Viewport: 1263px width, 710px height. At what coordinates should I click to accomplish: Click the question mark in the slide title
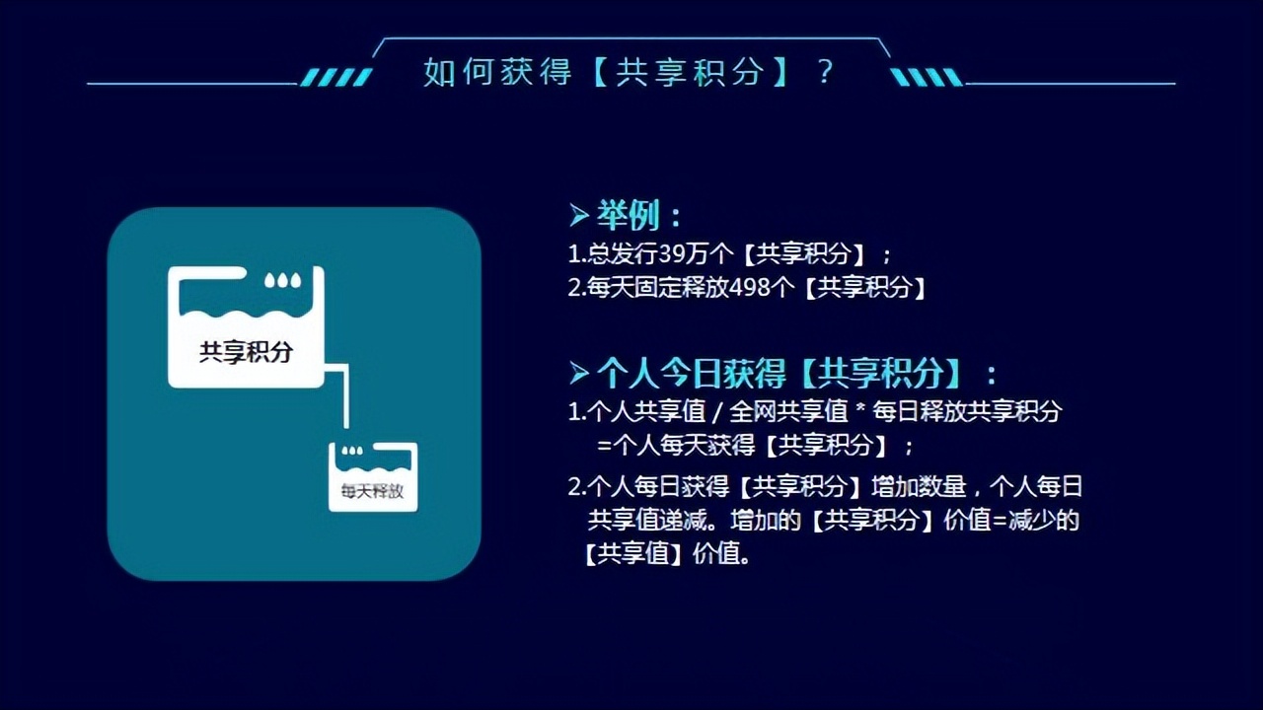(826, 72)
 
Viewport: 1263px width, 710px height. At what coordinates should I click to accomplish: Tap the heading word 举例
(628, 216)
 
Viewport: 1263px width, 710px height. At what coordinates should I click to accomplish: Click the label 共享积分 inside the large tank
(246, 352)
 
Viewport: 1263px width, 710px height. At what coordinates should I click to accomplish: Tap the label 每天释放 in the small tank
(372, 491)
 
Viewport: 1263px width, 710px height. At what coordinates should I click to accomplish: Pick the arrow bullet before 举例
(579, 215)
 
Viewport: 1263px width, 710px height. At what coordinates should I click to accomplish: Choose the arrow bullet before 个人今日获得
(579, 373)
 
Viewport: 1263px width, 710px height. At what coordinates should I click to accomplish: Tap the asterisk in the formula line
(859, 411)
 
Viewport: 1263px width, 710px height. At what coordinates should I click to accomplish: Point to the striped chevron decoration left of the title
(335, 77)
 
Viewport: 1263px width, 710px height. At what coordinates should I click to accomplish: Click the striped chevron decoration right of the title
(927, 77)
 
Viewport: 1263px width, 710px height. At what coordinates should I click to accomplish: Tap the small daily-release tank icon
(373, 476)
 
